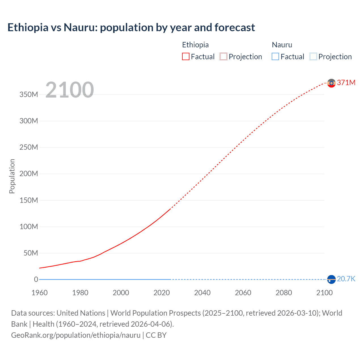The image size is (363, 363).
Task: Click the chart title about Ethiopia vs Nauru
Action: [x=131, y=28]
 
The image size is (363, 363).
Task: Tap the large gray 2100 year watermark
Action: [x=69, y=90]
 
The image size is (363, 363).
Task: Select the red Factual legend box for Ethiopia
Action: [x=185, y=57]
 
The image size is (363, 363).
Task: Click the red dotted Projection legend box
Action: [x=223, y=57]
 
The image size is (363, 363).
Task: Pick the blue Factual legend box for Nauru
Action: [x=275, y=57]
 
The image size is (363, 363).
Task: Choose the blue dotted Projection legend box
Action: [x=313, y=57]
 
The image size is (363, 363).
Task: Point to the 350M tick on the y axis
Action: [x=29, y=95]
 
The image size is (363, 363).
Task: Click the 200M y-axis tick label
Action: [x=29, y=174]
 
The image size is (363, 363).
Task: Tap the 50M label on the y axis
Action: [x=31, y=253]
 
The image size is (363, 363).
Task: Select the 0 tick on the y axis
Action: [x=36, y=280]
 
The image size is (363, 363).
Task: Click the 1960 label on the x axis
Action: [x=39, y=293]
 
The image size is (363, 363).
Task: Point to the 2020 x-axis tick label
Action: [x=162, y=293]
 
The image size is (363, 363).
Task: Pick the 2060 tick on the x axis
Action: [x=243, y=293]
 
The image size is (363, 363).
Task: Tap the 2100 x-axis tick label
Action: [x=324, y=293]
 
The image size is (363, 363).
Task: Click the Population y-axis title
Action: [x=12, y=176]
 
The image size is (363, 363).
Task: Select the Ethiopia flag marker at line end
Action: [x=331, y=83]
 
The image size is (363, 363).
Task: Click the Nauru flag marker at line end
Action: [x=331, y=279]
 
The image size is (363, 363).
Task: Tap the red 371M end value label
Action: [x=346, y=83]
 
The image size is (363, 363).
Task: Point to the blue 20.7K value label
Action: [x=346, y=279]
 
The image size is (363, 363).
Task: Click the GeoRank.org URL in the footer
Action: [x=76, y=335]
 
